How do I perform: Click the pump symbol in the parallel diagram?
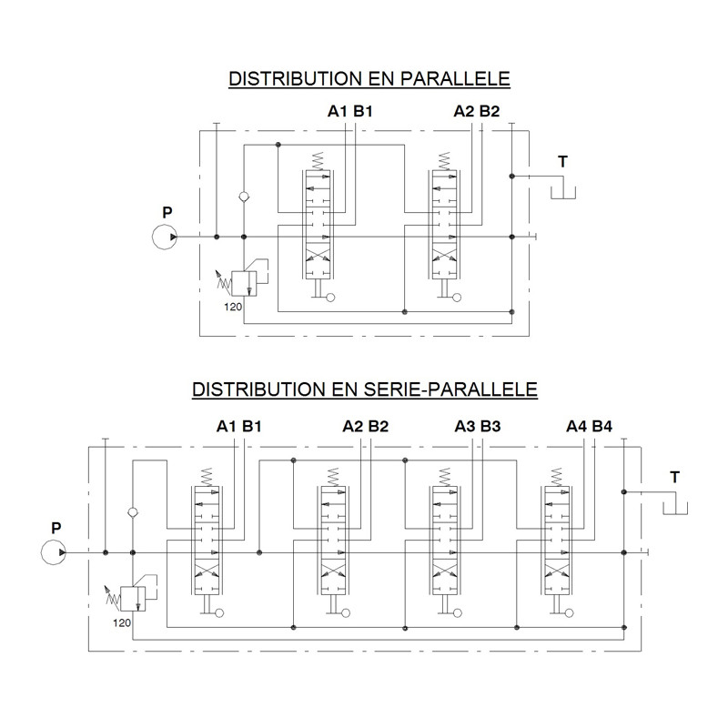tap(165, 237)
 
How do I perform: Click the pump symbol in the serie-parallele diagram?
tap(54, 552)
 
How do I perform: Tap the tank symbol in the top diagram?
tap(562, 193)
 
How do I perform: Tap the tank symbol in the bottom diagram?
tap(675, 509)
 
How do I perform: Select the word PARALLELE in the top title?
tap(455, 79)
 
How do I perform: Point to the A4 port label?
tap(576, 426)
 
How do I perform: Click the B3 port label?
tap(490, 426)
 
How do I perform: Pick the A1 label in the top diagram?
tap(338, 111)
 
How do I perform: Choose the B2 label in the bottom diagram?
tap(379, 426)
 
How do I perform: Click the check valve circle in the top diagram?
tap(244, 197)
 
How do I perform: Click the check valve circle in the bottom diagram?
tap(132, 512)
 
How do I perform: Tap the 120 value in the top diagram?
tap(233, 307)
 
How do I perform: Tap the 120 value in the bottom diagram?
tap(122, 623)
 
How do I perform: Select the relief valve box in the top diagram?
tap(244, 283)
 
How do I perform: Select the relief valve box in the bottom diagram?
tap(133, 599)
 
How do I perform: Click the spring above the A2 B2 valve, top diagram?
tap(444, 161)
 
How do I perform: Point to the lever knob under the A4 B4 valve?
tap(570, 612)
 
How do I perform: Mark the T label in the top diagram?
tap(562, 162)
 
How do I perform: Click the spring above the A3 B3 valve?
tap(444, 477)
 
